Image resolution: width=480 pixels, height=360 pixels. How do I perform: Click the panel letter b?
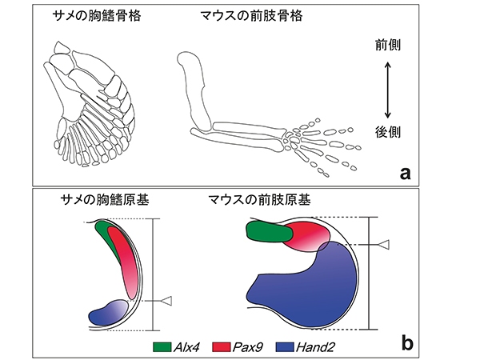pos(406,345)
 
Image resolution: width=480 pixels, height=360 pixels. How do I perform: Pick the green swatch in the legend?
pos(164,346)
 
